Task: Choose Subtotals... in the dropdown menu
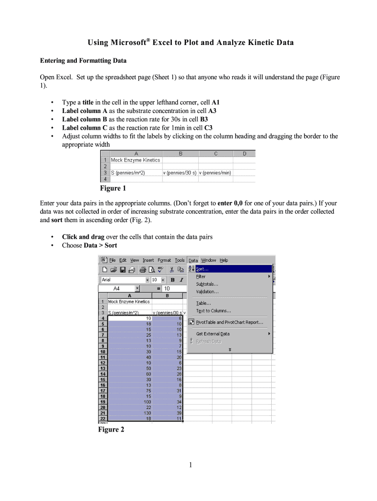(x=207, y=284)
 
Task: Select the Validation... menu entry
(x=207, y=292)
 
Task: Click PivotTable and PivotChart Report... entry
(x=229, y=322)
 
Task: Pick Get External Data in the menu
(x=212, y=334)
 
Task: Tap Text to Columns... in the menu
(x=213, y=311)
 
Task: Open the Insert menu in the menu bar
(x=148, y=260)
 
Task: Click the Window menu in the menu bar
(x=209, y=260)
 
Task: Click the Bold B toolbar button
(x=172, y=280)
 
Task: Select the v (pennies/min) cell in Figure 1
(x=215, y=173)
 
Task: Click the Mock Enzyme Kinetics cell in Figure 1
(x=136, y=160)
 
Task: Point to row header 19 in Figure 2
(x=103, y=402)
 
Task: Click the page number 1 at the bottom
(x=188, y=465)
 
